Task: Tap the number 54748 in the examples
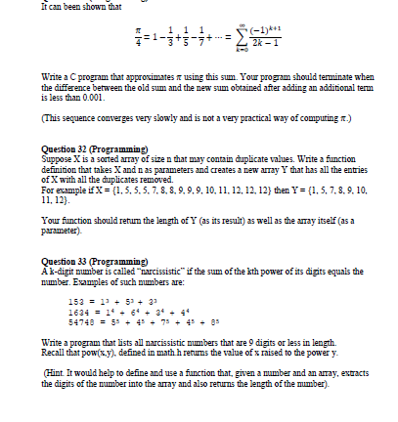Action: pyautogui.click(x=69, y=318)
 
